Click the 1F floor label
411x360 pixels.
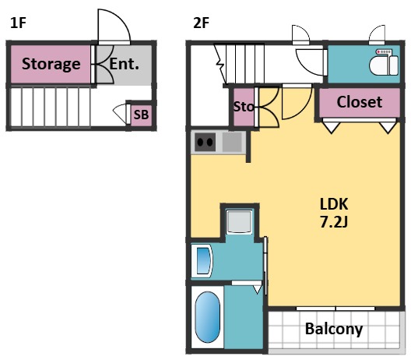18,23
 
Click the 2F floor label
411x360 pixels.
201,23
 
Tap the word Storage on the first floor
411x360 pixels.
51,64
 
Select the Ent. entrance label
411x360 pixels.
124,64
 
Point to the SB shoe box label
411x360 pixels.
141,115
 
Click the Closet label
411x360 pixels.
359,102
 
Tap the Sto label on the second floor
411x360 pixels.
244,107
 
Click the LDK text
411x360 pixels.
334,204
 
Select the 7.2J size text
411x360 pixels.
334,222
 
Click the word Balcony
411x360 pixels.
334,329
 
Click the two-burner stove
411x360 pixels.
205,143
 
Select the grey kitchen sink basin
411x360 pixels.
232,143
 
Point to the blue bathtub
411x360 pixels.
208,317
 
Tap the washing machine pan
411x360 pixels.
239,221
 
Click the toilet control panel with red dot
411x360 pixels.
384,52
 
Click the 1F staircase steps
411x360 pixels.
51,108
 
